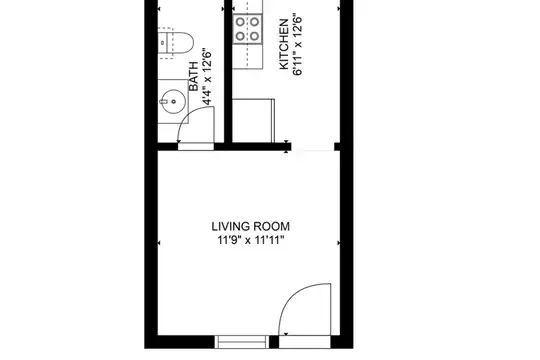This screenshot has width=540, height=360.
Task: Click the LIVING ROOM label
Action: coord(250,227)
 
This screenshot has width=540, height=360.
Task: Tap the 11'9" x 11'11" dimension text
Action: coord(250,240)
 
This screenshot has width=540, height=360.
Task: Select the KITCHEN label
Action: coord(284,44)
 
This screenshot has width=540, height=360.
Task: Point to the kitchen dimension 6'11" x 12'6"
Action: coord(298,44)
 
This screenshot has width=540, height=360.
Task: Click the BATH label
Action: coord(194,76)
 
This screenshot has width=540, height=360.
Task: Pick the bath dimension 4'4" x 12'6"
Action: coord(207,76)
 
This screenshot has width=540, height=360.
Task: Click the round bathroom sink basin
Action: coord(173,101)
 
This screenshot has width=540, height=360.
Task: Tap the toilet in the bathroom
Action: coord(176,43)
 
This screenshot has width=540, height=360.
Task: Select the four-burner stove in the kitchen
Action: coord(247,29)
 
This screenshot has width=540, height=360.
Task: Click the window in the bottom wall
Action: coord(242,342)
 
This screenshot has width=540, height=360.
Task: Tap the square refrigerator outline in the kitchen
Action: coord(253,121)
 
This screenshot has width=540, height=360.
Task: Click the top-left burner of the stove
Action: coord(240,22)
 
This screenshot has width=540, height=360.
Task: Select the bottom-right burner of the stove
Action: coord(255,36)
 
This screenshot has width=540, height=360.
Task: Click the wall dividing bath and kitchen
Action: coord(228,72)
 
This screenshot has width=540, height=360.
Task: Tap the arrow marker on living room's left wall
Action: coord(159,243)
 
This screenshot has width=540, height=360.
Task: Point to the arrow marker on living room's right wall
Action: coord(339,243)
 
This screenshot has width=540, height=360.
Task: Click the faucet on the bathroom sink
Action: coord(163,101)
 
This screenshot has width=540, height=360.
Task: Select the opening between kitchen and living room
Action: coord(313,147)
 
